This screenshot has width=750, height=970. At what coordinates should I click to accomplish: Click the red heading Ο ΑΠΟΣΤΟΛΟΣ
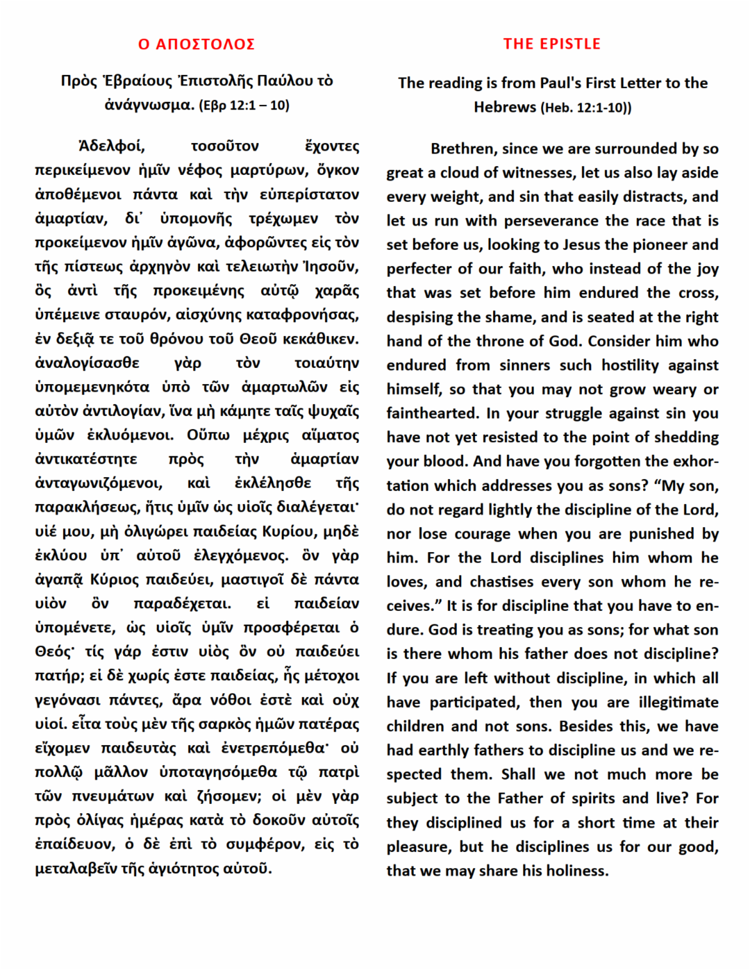point(196,44)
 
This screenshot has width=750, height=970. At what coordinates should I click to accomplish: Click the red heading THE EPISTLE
point(552,44)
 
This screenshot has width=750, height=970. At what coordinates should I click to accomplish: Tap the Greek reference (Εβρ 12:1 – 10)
point(244,106)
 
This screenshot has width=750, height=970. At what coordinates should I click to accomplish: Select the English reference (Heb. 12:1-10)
point(586,108)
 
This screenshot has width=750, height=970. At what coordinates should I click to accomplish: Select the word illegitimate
point(678,703)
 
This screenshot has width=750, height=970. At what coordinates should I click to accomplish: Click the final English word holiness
point(576,871)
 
